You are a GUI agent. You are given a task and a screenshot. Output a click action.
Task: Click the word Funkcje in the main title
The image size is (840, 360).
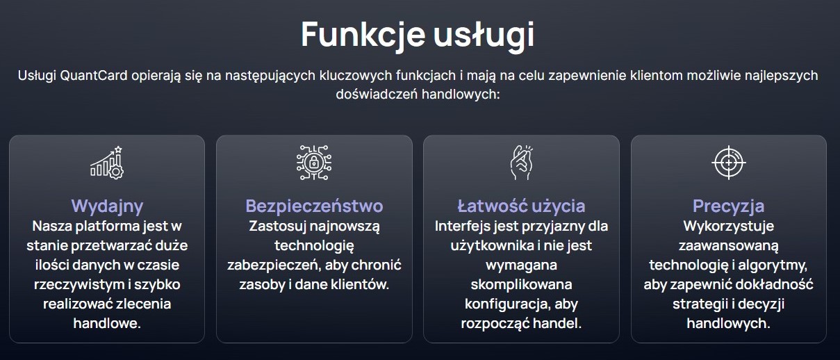(363, 35)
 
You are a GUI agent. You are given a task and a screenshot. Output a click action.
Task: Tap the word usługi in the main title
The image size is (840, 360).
(484, 35)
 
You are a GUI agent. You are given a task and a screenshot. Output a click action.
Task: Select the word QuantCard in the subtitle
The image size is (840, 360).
(93, 75)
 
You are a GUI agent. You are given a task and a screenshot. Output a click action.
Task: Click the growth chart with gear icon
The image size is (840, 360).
(107, 163)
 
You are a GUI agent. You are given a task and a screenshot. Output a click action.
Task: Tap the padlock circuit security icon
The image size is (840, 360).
(314, 163)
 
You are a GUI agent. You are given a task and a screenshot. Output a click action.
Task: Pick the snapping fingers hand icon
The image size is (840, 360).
(521, 163)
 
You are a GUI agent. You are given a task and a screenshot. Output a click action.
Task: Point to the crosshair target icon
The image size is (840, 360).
(729, 163)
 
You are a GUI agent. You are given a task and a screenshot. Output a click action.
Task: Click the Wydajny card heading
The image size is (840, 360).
(107, 206)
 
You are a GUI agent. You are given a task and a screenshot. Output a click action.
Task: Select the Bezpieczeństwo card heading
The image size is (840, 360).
(314, 206)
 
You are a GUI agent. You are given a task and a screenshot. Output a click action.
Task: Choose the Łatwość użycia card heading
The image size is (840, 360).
(521, 206)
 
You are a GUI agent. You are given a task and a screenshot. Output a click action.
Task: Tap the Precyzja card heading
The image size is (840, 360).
(728, 206)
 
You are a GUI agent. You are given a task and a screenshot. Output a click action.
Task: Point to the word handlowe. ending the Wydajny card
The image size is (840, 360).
(107, 323)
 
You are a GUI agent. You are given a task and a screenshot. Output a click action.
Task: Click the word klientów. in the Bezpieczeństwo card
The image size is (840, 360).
(360, 284)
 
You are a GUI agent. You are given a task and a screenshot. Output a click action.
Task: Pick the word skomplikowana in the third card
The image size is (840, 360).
(521, 285)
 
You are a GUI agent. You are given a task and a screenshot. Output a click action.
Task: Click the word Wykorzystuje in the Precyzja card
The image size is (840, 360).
(729, 226)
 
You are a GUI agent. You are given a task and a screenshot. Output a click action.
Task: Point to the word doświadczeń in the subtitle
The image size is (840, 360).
(377, 94)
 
